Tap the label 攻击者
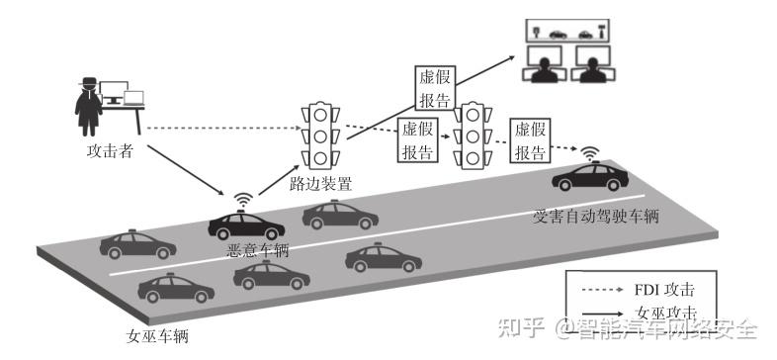[x=110, y=152]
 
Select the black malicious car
[x=240, y=225]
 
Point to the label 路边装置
[x=320, y=183]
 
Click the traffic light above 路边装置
[x=320, y=136]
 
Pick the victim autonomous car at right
[x=590, y=179]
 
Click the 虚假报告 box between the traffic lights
[x=417, y=140]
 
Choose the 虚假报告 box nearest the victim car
[x=530, y=139]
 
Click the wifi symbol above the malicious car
[x=240, y=201]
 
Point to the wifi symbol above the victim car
[x=590, y=154]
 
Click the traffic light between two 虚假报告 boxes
[x=473, y=135]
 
